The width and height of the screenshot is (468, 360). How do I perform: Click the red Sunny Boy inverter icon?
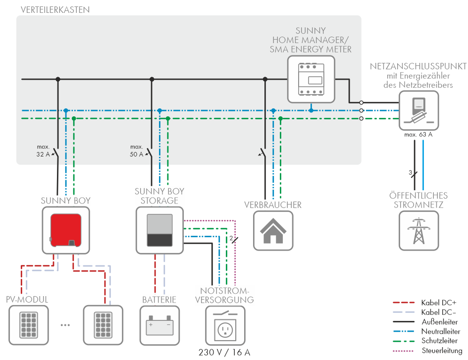pos(66,230)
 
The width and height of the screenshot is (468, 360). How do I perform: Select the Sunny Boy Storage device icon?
pos(159,230)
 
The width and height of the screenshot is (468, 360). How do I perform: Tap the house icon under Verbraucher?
pos(273,230)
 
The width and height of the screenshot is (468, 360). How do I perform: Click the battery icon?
pos(159,325)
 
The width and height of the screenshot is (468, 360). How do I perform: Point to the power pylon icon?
pos(419,230)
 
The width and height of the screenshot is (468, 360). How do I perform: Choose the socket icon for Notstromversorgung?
pos(225,325)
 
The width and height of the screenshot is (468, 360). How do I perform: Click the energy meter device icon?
pos(311,79)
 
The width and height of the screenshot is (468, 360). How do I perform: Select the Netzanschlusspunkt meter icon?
pos(419,110)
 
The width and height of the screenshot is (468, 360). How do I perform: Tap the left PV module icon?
pos(29,325)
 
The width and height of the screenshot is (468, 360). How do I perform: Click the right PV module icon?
pos(103,325)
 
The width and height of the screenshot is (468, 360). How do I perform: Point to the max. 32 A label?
pos(43,151)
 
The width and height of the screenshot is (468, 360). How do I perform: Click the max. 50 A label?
pos(137,151)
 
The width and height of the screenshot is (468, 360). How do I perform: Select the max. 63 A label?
pos(418,135)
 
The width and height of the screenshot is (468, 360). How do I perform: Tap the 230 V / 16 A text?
pos(224,353)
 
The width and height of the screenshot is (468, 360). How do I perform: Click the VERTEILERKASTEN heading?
pos(55,10)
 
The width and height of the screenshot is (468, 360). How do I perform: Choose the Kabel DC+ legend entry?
pos(425,303)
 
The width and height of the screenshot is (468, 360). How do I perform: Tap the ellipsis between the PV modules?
pos(65,325)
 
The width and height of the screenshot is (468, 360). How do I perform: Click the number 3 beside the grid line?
pos(410,172)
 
